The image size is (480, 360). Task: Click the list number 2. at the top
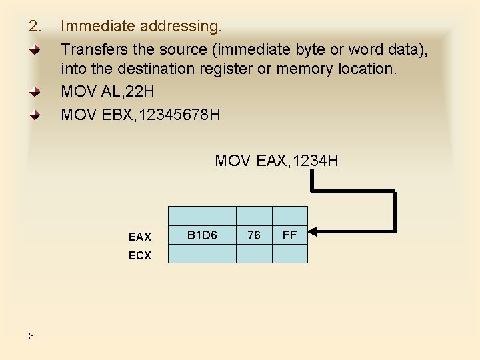pos(35,27)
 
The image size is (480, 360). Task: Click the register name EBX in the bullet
pos(116,114)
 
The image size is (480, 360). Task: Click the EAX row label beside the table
pos(140,237)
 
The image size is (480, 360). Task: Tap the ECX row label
pos(140,256)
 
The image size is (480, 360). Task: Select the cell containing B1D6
pos(202,235)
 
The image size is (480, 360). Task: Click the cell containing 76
pos(254,235)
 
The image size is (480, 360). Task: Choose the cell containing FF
pos(290,235)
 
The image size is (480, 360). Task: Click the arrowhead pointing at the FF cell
pos(315,232)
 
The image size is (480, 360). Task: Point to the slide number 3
pos(31,336)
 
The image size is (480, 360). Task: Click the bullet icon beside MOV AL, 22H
pos(39,93)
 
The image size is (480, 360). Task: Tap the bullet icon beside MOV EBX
pos(39,115)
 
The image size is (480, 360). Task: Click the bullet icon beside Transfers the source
pos(39,50)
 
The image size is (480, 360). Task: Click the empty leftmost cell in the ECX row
pos(202,254)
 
